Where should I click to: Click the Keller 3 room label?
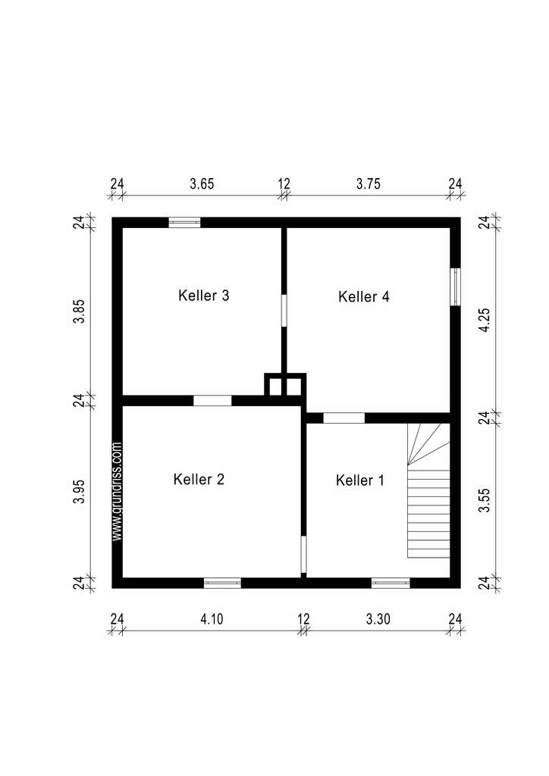point(204,296)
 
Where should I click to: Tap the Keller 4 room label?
point(364,296)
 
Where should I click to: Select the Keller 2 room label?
point(199,479)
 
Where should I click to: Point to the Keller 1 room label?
point(360,480)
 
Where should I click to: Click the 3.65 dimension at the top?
point(202,183)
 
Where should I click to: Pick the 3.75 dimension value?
point(369,183)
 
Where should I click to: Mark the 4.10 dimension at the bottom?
point(212,619)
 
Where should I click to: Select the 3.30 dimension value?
point(378,619)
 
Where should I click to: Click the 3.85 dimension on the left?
point(78,311)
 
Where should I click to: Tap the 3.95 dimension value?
point(78,493)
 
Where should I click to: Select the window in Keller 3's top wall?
point(184,222)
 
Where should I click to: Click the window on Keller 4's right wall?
point(455,286)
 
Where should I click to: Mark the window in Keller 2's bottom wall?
point(222,583)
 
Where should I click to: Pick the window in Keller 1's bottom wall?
point(391,583)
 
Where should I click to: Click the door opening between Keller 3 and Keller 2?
point(212,401)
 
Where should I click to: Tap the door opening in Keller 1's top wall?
point(344,418)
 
